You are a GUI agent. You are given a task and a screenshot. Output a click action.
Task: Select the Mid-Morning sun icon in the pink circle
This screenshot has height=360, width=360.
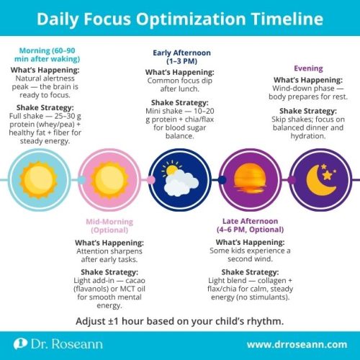[x=110, y=179]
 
